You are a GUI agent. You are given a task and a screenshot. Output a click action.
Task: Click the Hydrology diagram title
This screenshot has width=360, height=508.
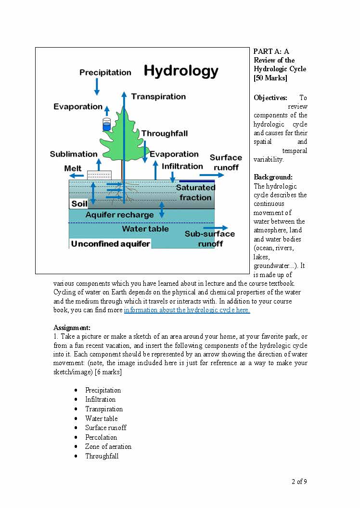pos(181,71)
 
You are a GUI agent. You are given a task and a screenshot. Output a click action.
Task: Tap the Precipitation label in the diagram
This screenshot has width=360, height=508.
pos(105,73)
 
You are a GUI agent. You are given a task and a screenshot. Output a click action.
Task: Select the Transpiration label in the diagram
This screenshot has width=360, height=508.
pos(158,97)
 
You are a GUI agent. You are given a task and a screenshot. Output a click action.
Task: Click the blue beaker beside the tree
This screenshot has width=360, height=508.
pos(106,124)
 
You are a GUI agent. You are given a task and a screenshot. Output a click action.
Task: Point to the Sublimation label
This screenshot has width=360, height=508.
pos(74,154)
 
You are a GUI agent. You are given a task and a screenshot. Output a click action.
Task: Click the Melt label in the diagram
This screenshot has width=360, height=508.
pos(73,168)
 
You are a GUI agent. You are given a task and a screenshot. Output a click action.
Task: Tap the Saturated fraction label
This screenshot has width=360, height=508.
pos(195,192)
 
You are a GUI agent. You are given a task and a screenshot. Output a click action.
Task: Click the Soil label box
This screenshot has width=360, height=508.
pos(79,204)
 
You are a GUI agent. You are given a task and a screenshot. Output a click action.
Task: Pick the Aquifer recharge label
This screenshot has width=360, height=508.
pos(119,215)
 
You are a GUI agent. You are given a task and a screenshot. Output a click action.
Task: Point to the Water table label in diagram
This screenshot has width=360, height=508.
pos(145,229)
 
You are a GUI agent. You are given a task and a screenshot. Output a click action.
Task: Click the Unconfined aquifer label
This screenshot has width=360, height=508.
pos(111,244)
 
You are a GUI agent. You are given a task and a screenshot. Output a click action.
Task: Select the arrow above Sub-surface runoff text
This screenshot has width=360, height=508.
pos(219,228)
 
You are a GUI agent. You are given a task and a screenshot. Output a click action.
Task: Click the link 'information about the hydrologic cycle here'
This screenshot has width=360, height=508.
pos(187,310)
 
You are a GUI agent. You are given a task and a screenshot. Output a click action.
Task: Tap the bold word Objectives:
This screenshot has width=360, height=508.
pos(270,98)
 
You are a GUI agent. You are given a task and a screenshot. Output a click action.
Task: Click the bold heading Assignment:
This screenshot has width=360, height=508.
pos(72,328)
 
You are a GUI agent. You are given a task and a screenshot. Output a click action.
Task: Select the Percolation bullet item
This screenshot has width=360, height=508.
pos(101,437)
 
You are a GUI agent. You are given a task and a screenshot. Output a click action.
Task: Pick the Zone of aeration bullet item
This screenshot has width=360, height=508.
pos(108,446)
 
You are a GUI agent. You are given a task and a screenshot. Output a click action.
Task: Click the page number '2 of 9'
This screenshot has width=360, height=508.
pos(299,482)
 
